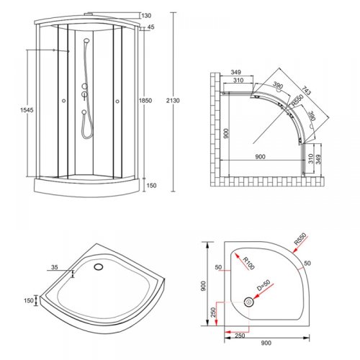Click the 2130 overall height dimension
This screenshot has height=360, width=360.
pos(173,101)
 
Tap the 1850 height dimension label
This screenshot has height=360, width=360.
pos(145,100)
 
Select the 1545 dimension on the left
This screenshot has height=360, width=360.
pos(27,110)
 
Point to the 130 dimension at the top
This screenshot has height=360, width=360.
pos(146,16)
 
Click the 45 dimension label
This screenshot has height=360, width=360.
pos(150,27)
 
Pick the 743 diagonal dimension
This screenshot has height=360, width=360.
pos(306,90)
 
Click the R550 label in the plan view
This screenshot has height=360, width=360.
pos(297,100)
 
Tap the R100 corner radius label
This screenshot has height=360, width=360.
pos(248,264)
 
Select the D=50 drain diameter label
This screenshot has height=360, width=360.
pos(264,285)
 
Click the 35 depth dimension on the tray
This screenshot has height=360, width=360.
pos(55,267)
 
